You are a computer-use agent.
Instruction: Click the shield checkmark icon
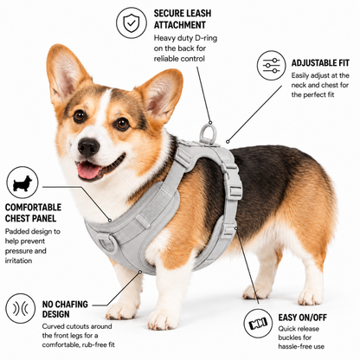132,22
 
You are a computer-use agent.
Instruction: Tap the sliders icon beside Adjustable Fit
272,66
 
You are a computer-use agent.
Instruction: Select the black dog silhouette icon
22,183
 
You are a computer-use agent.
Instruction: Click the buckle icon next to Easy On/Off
258,324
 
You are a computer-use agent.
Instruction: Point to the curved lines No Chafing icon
21,309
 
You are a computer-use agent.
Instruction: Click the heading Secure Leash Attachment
183,19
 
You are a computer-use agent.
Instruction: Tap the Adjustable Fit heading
320,63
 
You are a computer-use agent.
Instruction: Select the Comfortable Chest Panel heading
33,213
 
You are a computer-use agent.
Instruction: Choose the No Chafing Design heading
65,309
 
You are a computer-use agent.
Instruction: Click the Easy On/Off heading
303,318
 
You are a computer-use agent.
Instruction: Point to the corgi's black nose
88,146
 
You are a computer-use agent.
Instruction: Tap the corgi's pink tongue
87,170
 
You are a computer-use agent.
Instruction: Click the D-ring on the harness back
207,132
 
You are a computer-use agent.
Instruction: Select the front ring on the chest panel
106,242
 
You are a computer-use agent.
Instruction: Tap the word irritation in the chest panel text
18,260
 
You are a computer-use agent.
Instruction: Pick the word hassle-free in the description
293,346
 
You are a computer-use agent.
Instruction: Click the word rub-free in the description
92,344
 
